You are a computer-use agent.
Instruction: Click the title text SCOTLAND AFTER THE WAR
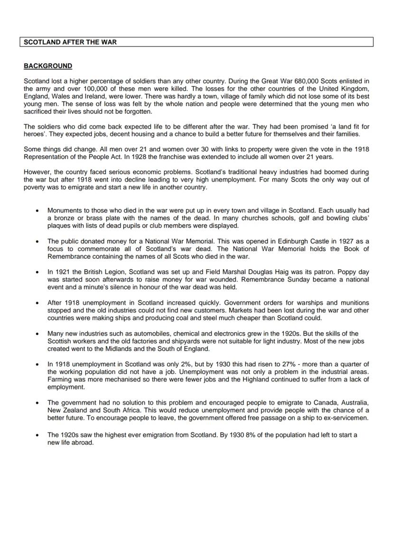(70, 42)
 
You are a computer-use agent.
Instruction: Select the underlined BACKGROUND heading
(48, 66)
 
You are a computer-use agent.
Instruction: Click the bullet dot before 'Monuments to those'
(37, 210)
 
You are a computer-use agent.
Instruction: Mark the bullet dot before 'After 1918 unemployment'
(37, 303)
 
